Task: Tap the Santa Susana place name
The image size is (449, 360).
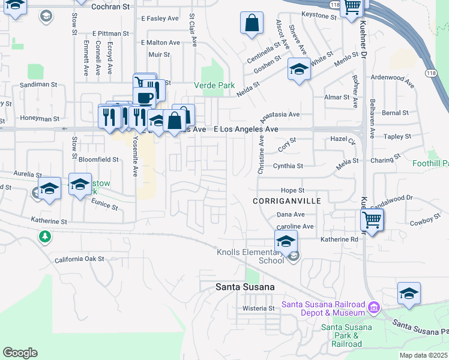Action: pos(245,287)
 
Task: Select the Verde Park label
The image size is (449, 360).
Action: pos(214,85)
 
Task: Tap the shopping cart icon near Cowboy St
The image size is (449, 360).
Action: pos(372,220)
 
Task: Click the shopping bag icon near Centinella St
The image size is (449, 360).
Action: pos(252,24)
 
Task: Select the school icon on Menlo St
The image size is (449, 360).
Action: pos(298,70)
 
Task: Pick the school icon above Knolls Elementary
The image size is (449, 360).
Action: pos(286,242)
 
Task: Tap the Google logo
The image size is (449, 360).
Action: pos(20,353)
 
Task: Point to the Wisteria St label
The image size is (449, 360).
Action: pos(258,308)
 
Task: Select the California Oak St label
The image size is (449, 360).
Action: pos(79,260)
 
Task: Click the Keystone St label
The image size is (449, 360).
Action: pos(319,16)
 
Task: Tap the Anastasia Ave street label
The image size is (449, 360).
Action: pos(279,114)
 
